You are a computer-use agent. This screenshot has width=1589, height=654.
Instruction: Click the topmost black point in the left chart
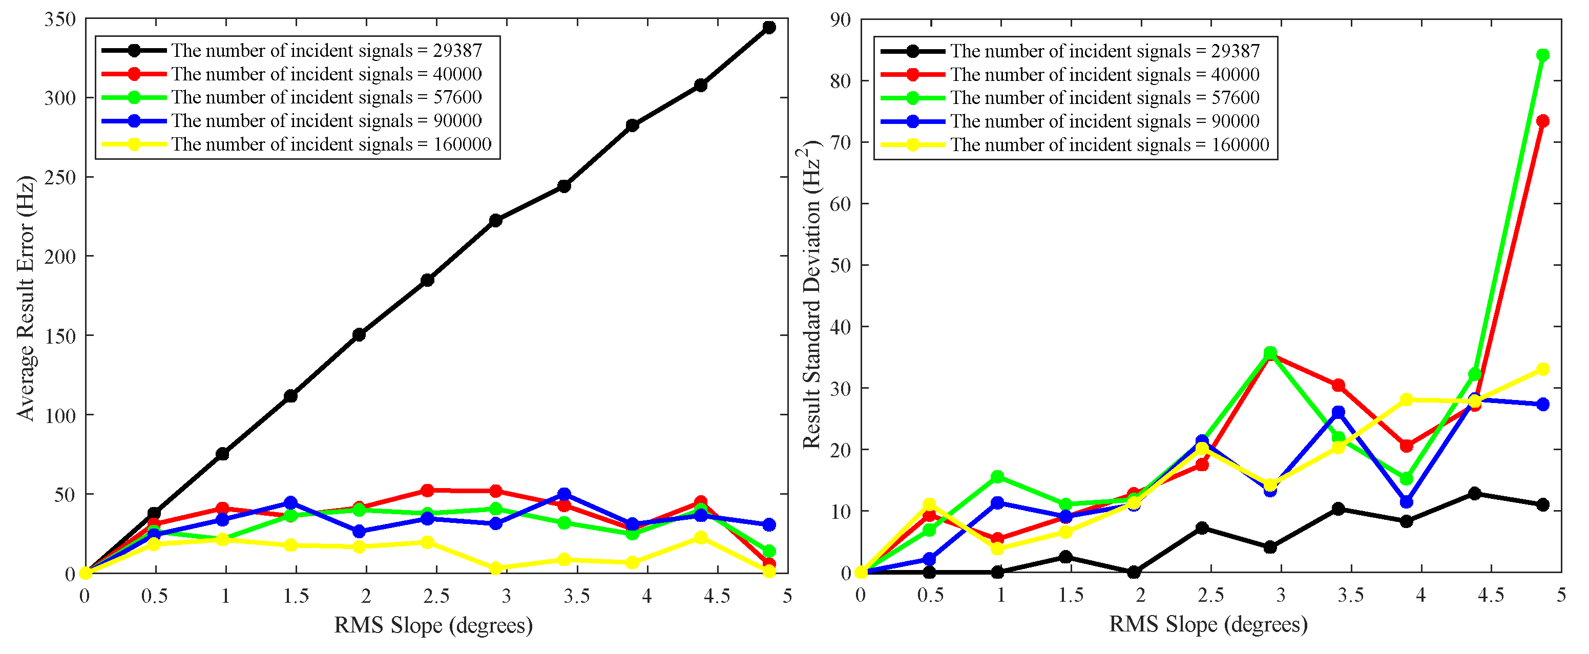[x=768, y=27]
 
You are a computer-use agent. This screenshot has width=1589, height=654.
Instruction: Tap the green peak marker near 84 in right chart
[x=1542, y=55]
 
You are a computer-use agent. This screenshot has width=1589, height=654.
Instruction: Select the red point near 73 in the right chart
[x=1542, y=121]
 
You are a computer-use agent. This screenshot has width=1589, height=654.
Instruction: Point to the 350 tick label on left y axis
[x=60, y=20]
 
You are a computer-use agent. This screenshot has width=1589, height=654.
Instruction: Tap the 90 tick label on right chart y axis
[x=840, y=20]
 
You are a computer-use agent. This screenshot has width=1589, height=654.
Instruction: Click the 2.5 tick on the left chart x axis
[x=436, y=596]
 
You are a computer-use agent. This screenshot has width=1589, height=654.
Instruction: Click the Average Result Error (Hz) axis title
[x=26, y=299]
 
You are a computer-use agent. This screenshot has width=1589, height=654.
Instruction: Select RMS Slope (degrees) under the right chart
[x=1208, y=624]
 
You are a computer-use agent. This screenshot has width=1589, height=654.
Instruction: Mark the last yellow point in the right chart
[x=1542, y=369]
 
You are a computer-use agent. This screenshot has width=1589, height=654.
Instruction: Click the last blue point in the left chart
[x=768, y=524]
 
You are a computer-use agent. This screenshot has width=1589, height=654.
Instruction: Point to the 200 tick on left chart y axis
[x=60, y=257]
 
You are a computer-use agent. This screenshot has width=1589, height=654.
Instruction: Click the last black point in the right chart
[x=1542, y=504]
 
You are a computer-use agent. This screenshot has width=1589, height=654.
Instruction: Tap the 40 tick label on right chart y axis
[x=840, y=327]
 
